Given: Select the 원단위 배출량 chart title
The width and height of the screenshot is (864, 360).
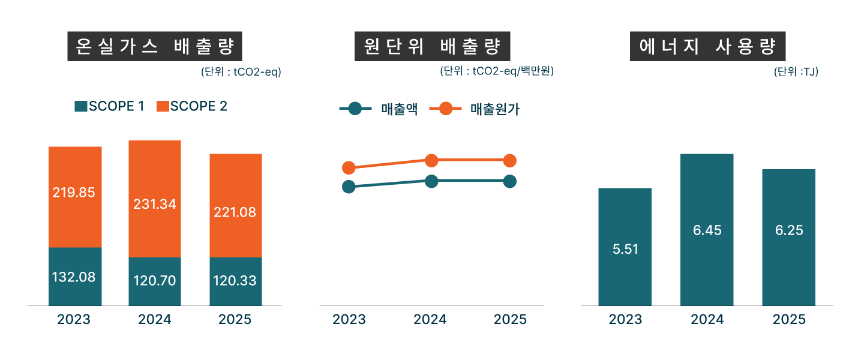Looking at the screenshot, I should click(432, 46).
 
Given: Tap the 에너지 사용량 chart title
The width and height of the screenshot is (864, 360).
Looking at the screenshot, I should click(708, 46).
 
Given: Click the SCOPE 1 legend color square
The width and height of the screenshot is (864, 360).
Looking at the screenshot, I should click(81, 106).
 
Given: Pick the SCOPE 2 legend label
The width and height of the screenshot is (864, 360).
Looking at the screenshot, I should click(199, 106).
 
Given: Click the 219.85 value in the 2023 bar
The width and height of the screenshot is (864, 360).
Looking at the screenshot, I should click(74, 193).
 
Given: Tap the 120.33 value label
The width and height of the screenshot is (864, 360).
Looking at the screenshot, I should click(236, 281).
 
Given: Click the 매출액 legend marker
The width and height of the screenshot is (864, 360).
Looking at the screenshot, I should click(355, 109).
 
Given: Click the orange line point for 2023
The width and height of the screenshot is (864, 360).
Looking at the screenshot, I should click(349, 168).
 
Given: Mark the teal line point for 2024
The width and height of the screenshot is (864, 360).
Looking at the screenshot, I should click(431, 181).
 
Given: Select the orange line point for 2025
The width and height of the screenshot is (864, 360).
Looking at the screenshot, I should click(509, 160).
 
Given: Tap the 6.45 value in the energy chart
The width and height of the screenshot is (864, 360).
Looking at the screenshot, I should click(707, 230).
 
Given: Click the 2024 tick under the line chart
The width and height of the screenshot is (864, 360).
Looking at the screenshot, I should click(430, 319).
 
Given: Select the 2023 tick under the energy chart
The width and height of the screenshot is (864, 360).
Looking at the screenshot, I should click(625, 319).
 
